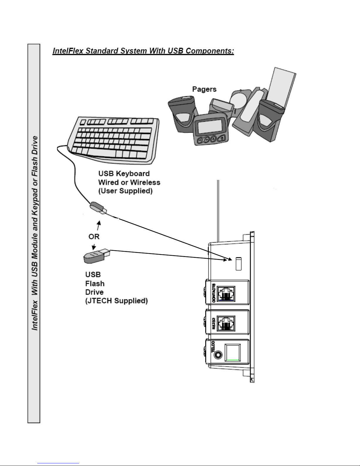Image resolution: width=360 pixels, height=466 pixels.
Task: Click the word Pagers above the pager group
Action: (204, 89)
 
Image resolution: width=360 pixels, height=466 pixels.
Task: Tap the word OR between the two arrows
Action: (94, 237)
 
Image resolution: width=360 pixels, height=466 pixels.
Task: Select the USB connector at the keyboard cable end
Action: (98, 208)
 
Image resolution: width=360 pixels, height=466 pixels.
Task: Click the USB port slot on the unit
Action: (239, 264)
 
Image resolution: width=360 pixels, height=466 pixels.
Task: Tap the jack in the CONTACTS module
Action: (226, 294)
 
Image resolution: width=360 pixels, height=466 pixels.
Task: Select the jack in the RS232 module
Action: (226, 323)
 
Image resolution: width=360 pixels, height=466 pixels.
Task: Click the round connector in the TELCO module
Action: (218, 355)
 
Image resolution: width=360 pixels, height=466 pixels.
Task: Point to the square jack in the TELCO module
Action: (232, 353)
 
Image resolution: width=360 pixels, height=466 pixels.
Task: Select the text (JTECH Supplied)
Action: (117, 301)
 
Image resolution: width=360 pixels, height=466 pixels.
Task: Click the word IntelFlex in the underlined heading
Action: (68, 51)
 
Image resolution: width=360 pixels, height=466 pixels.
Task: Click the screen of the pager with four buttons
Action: (210, 126)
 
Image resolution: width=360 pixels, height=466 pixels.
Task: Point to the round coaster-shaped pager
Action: (240, 100)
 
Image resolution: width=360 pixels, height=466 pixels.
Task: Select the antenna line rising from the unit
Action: (218, 211)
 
